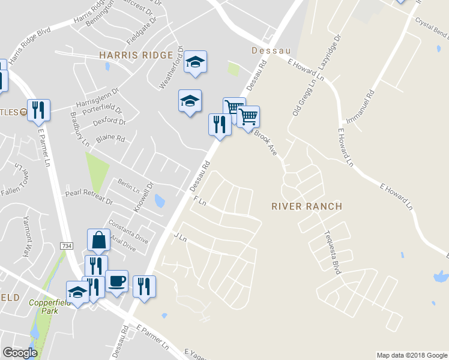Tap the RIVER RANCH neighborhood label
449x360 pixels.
tap(307, 206)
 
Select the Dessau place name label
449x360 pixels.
tap(266, 51)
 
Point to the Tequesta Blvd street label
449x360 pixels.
tap(333, 253)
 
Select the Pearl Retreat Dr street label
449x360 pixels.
tap(89, 199)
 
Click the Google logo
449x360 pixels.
tap(20, 353)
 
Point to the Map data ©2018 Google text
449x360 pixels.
tap(411, 355)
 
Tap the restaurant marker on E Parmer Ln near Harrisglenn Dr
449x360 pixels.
tap(38, 109)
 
